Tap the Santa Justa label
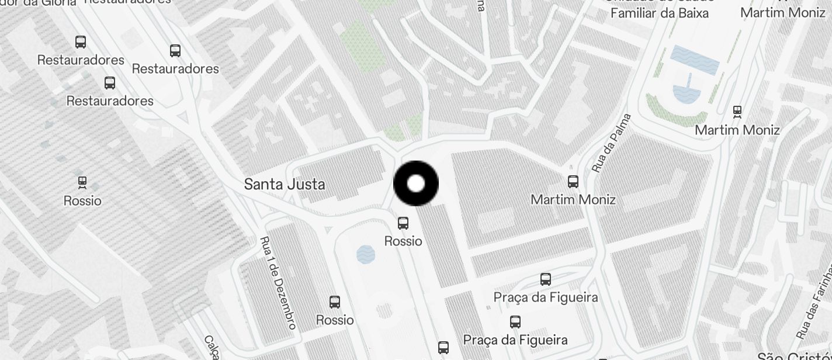click(284, 184)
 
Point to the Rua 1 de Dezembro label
click(278, 282)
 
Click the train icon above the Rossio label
click(82, 182)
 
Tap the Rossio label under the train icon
click(82, 201)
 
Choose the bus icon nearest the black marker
click(403, 223)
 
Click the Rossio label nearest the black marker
click(403, 241)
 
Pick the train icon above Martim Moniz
click(737, 111)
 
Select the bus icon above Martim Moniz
click(573, 182)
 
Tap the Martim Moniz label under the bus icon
click(573, 200)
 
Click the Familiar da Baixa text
click(659, 12)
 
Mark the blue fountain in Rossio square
click(366, 254)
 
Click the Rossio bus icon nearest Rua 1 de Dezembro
click(335, 302)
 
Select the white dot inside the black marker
click(416, 184)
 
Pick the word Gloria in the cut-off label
click(57, 2)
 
